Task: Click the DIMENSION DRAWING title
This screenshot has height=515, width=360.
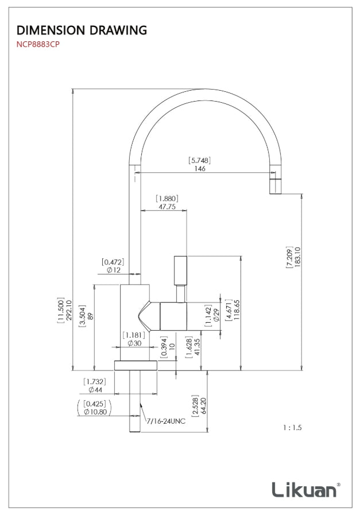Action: (x=82, y=30)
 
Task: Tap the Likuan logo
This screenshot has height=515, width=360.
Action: (x=305, y=489)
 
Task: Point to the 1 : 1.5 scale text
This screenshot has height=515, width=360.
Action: (x=292, y=428)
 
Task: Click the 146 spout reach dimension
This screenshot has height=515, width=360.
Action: (x=199, y=169)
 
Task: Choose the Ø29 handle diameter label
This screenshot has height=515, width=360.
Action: (x=216, y=315)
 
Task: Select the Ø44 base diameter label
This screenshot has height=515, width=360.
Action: (x=94, y=390)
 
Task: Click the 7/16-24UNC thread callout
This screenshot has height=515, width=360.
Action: (x=166, y=421)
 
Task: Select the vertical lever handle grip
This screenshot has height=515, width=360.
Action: (x=180, y=269)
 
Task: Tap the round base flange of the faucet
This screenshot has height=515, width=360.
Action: (x=136, y=366)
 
